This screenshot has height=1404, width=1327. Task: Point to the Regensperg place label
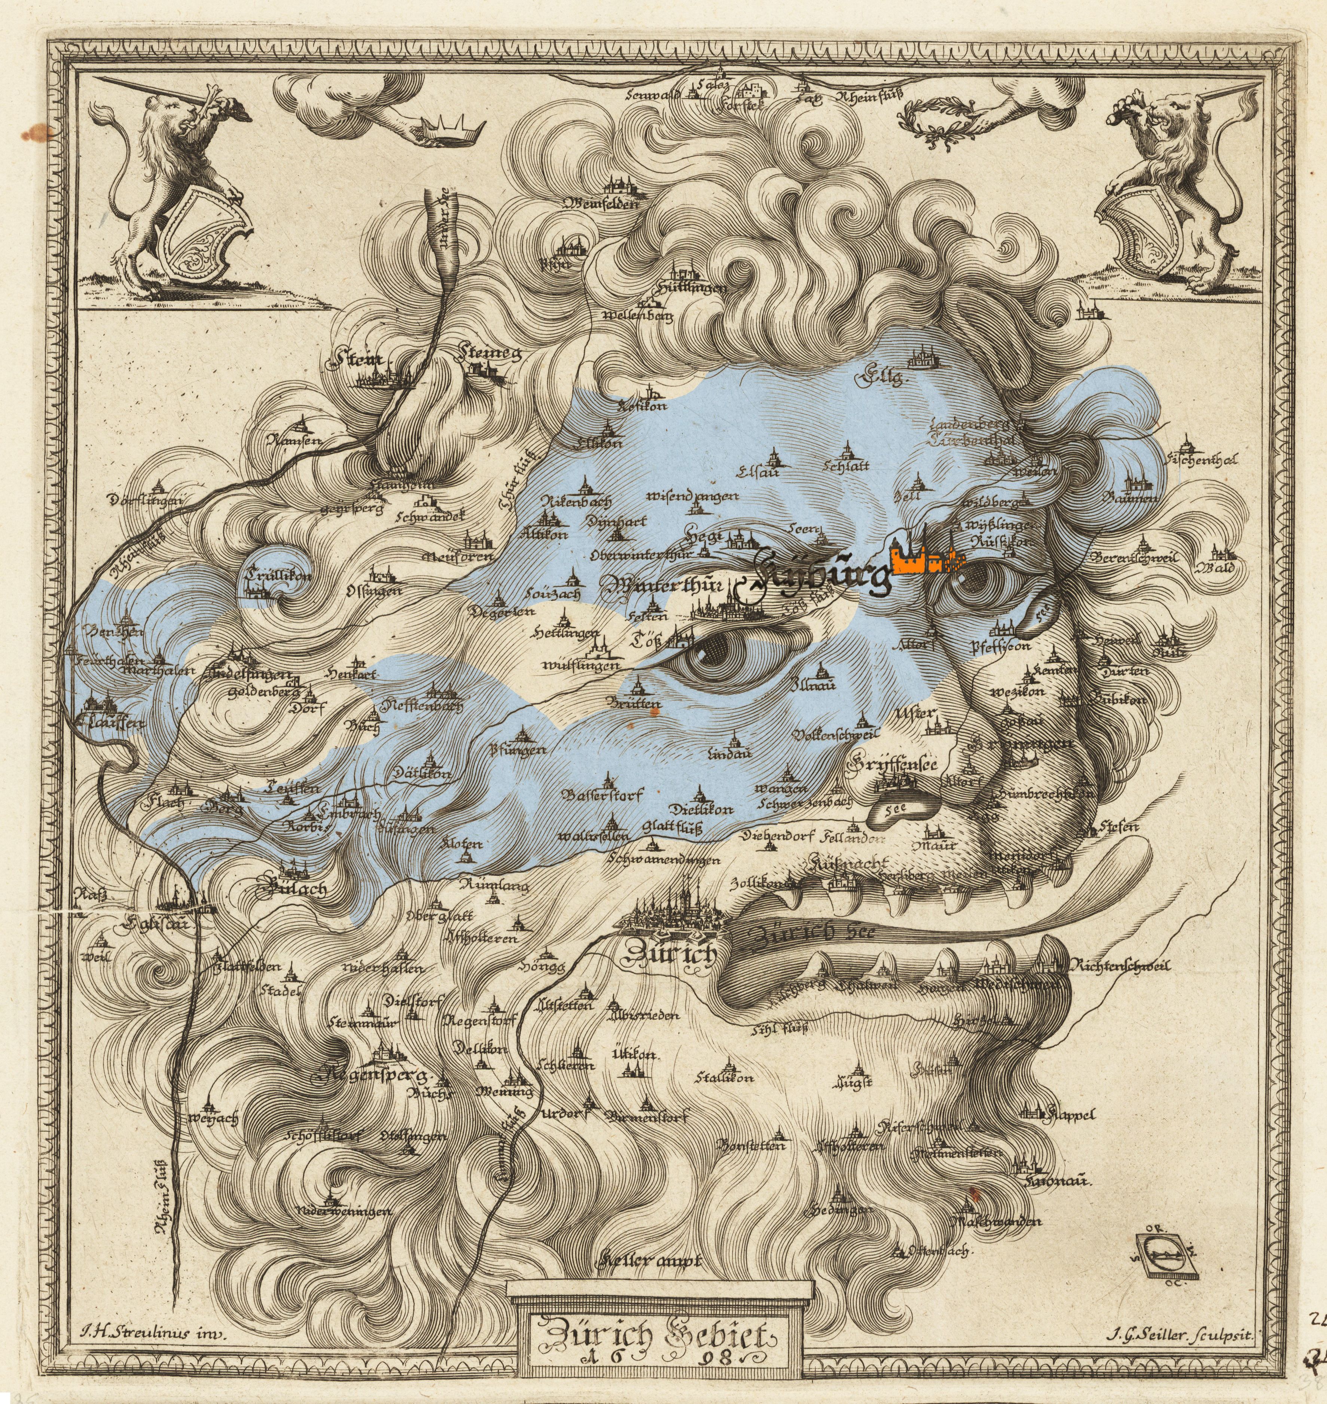pyautogui.click(x=371, y=1076)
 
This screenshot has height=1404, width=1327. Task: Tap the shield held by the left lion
pyautogui.click(x=202, y=237)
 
